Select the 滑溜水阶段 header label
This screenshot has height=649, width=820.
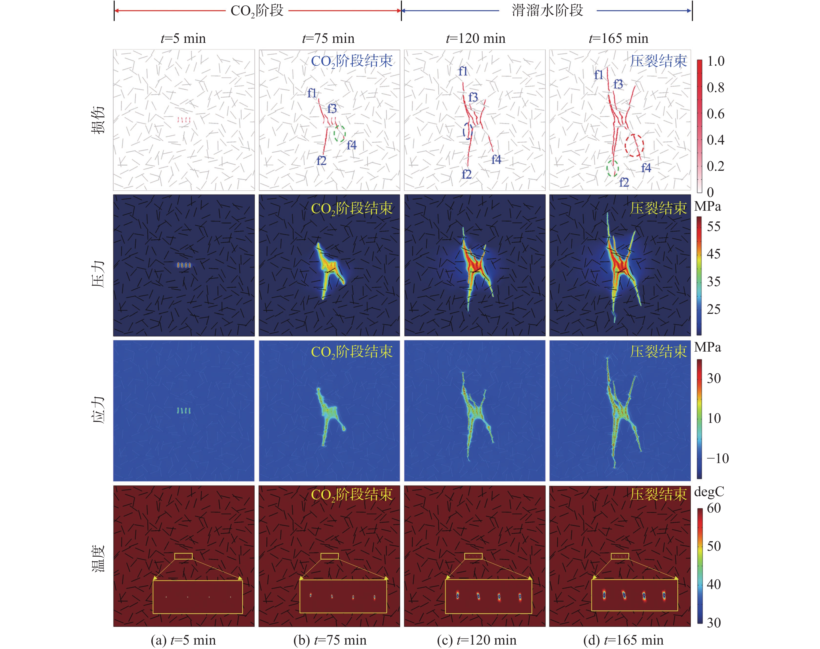pos(547,10)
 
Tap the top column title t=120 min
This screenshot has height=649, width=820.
pos(475,38)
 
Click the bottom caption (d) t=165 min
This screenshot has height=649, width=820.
pos(623,640)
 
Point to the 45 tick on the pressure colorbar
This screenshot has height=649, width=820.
pos(713,254)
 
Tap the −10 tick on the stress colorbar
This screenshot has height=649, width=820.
pos(717,458)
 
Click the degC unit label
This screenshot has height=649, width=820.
pos(709,492)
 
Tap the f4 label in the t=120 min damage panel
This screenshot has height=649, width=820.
pos(496,159)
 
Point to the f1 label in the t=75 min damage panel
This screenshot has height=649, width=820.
pos(312,93)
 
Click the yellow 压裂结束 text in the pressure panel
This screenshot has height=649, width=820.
pos(658,208)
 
